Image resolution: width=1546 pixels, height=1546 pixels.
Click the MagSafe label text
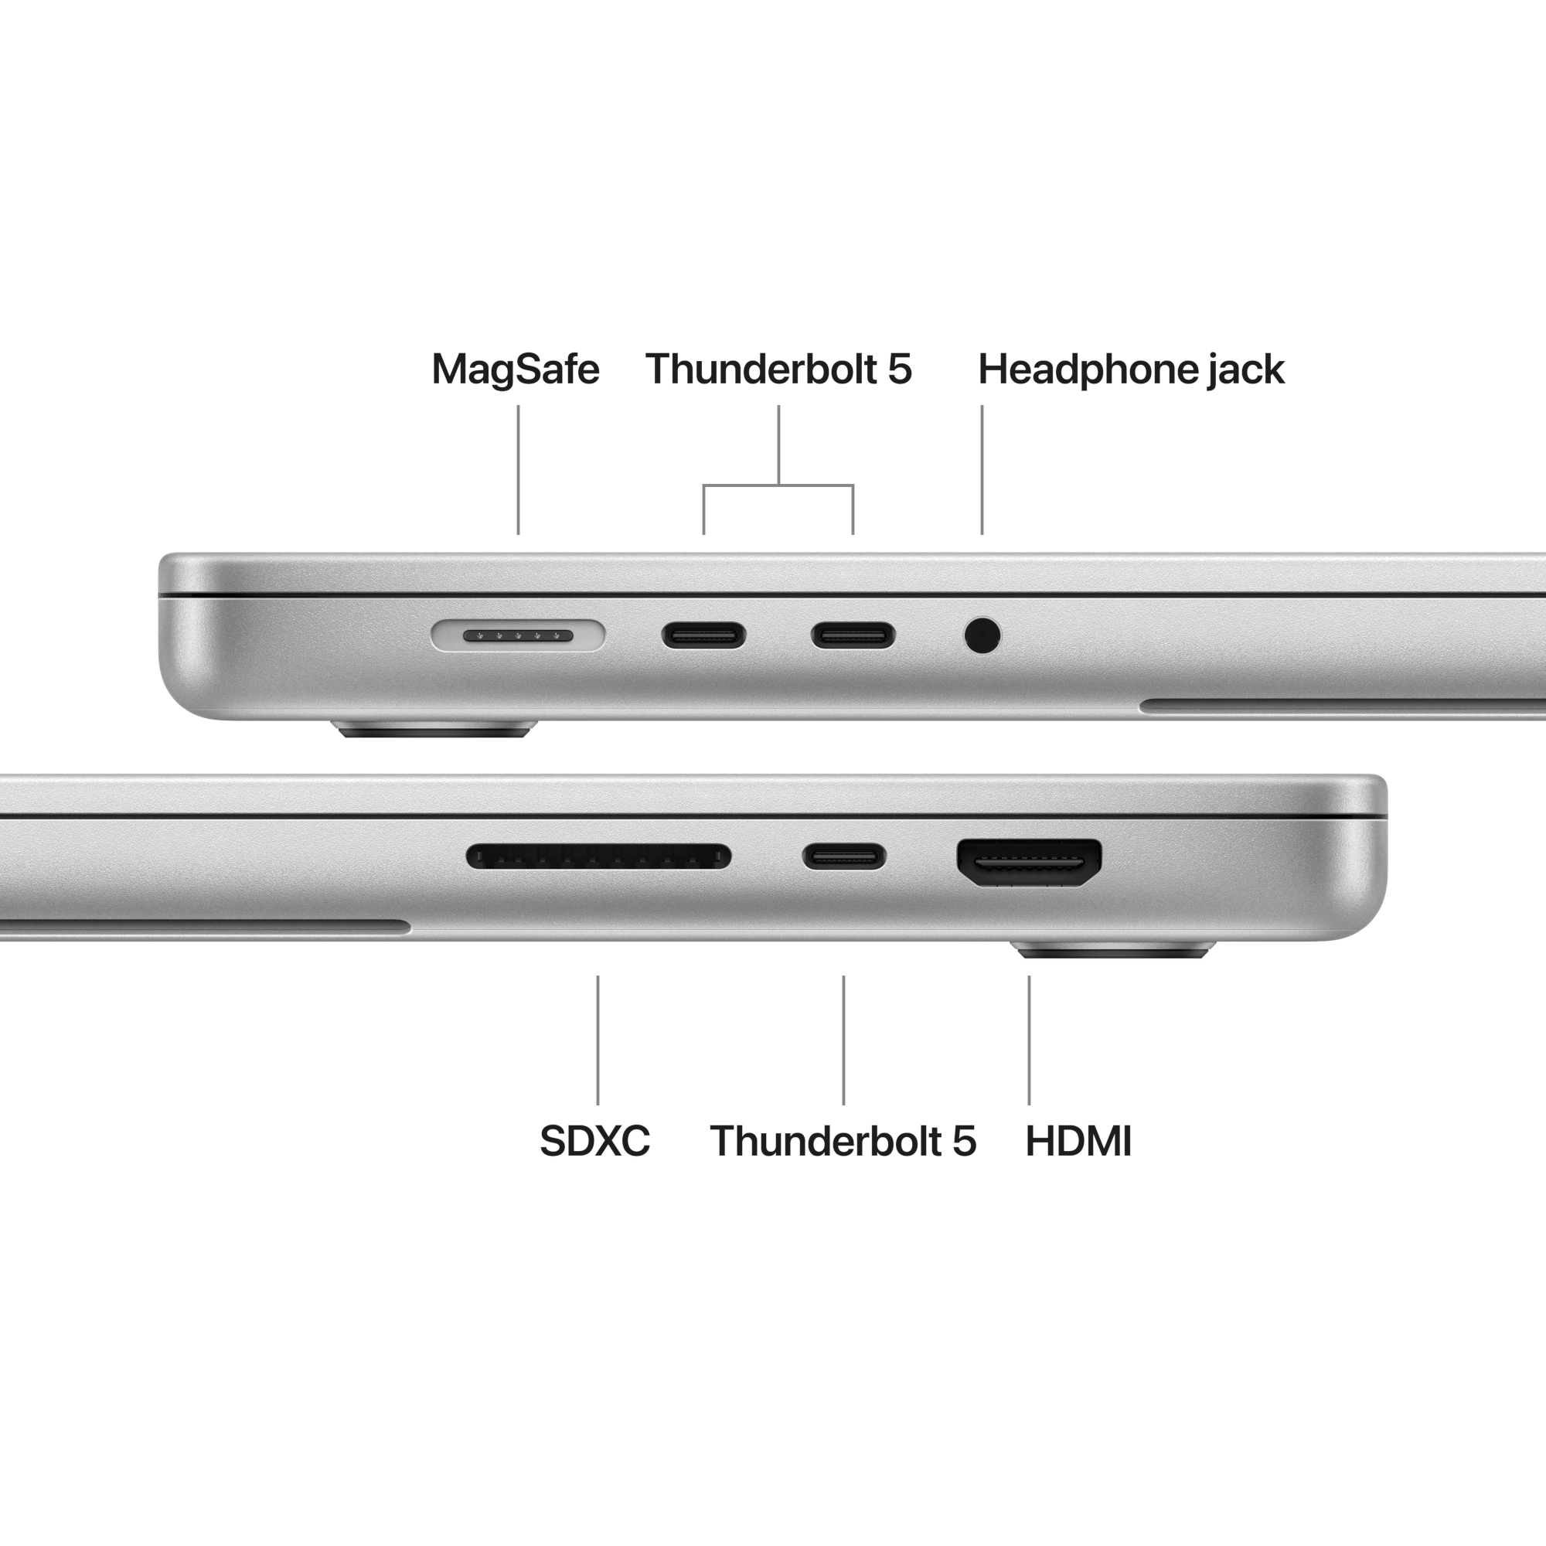point(516,369)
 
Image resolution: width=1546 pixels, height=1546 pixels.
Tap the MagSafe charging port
point(518,635)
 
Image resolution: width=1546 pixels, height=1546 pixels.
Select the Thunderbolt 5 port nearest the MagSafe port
point(703,636)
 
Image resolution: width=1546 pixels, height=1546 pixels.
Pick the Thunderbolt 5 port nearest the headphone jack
point(853,636)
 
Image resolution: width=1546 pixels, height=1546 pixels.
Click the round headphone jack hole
point(982,636)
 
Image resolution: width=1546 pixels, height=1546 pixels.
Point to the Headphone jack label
point(1131,369)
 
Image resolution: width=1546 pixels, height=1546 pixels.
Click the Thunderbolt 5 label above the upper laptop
point(778,369)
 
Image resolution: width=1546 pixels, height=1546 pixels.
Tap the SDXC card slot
point(598,856)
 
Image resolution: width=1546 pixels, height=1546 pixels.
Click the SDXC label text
point(594,1141)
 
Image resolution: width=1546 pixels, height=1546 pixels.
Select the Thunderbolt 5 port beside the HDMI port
point(844,856)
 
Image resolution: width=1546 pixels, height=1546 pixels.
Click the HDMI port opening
point(1029,863)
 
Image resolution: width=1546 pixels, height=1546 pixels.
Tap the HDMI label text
point(1078,1141)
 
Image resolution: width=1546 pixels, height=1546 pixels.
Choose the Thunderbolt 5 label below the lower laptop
point(843,1141)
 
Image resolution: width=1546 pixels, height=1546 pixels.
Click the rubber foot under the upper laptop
point(434,729)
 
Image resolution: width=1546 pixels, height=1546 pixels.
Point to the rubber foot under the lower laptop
point(1112,951)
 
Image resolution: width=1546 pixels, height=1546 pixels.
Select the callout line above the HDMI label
point(1029,1040)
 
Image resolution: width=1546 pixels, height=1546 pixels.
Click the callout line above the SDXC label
point(598,1040)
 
